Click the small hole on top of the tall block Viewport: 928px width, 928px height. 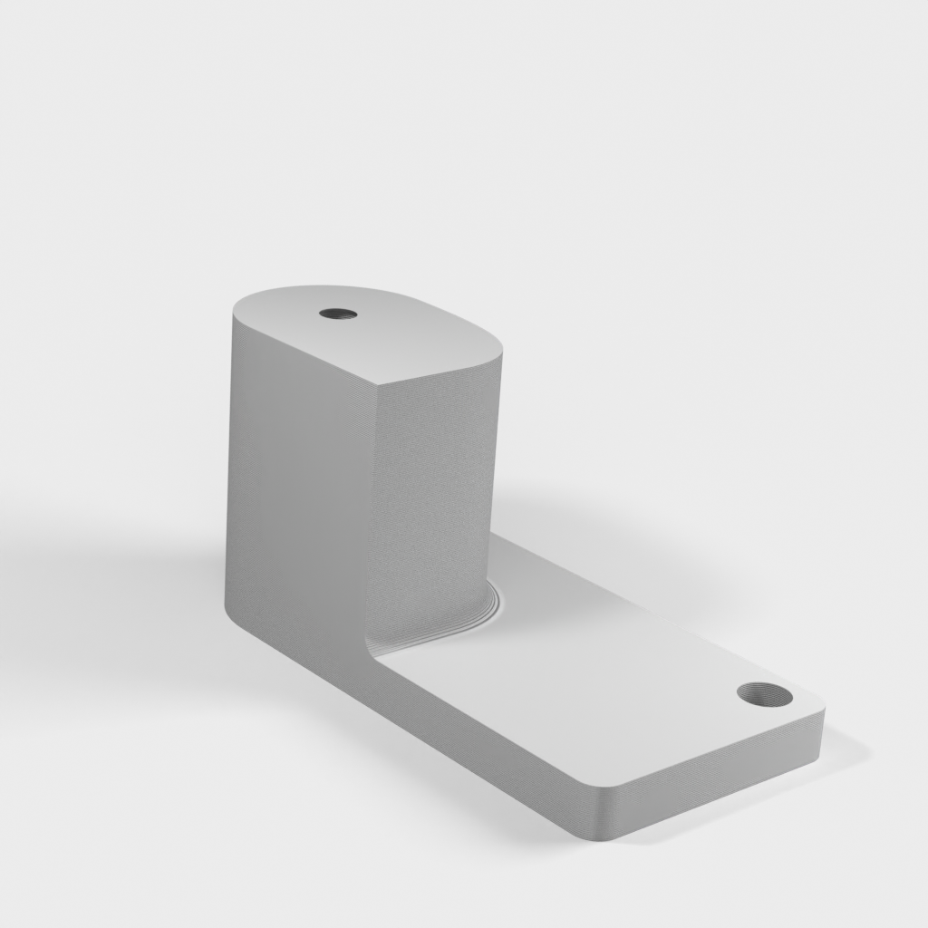pyautogui.click(x=337, y=314)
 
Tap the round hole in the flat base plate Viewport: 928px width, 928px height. pyautogui.click(x=764, y=695)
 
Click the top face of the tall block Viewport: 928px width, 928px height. pyautogui.click(x=381, y=335)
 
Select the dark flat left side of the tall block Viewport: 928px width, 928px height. pyautogui.click(x=295, y=489)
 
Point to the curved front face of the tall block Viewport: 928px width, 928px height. pyautogui.click(x=435, y=489)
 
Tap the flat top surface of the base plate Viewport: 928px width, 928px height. pyautogui.click(x=580, y=689)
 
